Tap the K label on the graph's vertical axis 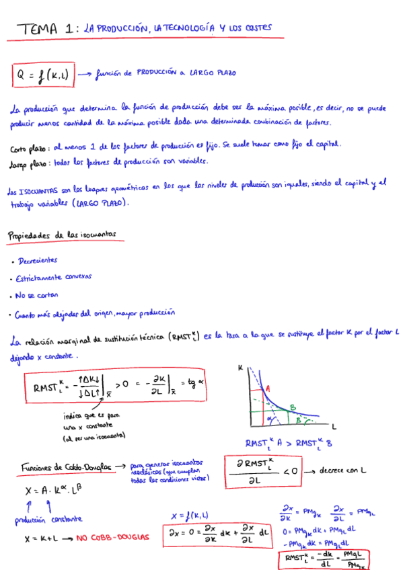coord(240,368)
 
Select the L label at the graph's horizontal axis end coord(334,427)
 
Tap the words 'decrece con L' coord(347,471)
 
